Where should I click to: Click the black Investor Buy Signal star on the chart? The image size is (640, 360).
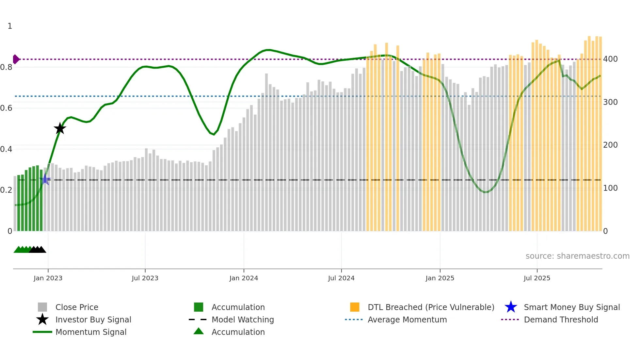pyautogui.click(x=60, y=128)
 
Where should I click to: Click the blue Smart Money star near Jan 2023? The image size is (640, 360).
pyautogui.click(x=45, y=180)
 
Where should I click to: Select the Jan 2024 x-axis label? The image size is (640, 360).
pyautogui.click(x=244, y=278)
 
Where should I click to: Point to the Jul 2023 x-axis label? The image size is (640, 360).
pyautogui.click(x=145, y=278)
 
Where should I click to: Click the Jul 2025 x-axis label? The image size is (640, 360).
pyautogui.click(x=537, y=278)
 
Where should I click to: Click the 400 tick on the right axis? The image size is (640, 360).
pyautogui.click(x=610, y=59)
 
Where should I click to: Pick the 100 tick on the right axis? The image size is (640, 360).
pyautogui.click(x=610, y=188)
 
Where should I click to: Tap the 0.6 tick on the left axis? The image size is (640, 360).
pyautogui.click(x=6, y=108)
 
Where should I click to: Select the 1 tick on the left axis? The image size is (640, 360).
pyautogui.click(x=10, y=26)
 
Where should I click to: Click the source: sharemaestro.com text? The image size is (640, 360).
pyautogui.click(x=577, y=256)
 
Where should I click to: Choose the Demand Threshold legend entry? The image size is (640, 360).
pyautogui.click(x=561, y=319)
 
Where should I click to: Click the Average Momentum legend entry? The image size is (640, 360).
pyautogui.click(x=407, y=319)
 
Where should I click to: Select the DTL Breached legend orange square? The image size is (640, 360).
pyautogui.click(x=355, y=307)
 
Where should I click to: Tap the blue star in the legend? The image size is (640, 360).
pyautogui.click(x=511, y=307)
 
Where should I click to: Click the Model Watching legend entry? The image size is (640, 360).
pyautogui.click(x=242, y=319)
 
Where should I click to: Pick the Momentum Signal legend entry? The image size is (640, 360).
pyautogui.click(x=91, y=332)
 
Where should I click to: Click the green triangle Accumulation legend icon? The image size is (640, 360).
pyautogui.click(x=199, y=331)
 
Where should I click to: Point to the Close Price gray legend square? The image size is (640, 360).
pyautogui.click(x=42, y=307)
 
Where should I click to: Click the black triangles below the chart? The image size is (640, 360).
pyautogui.click(x=38, y=250)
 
